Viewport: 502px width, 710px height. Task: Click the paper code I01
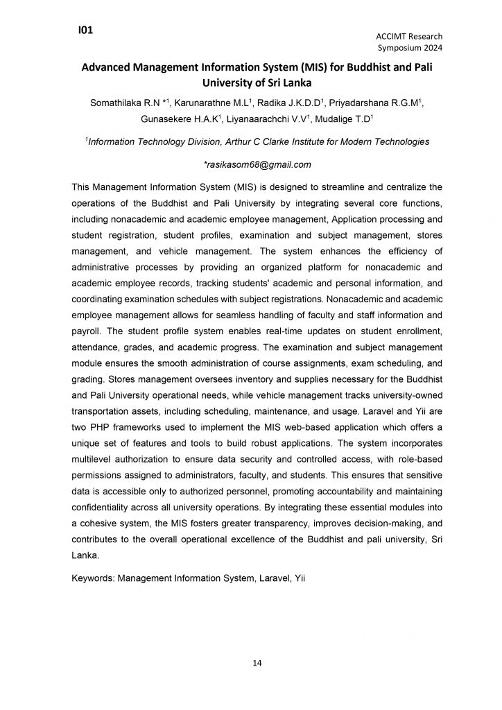[x=86, y=30]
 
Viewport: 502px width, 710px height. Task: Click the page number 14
[x=257, y=664]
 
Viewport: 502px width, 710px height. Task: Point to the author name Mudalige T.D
[x=343, y=119]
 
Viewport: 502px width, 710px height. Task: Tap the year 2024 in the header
[x=429, y=48]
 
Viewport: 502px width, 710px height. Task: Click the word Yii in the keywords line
[x=297, y=575]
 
